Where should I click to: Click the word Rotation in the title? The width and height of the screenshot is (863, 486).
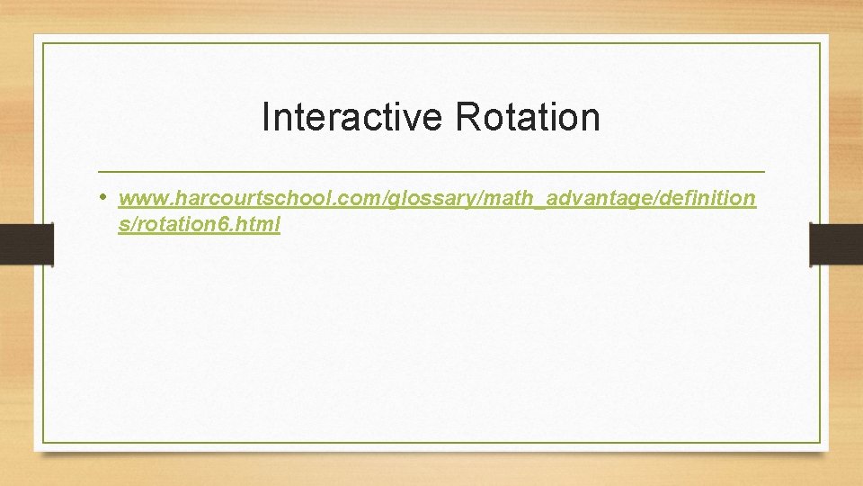click(x=528, y=118)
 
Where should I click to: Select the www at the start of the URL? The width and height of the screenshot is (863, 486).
click(x=137, y=198)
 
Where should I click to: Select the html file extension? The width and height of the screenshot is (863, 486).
click(x=262, y=225)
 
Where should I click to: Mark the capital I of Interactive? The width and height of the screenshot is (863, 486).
click(x=266, y=118)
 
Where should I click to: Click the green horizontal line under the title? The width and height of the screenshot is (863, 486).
click(x=431, y=171)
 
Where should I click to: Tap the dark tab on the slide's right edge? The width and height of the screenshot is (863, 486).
click(x=836, y=244)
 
